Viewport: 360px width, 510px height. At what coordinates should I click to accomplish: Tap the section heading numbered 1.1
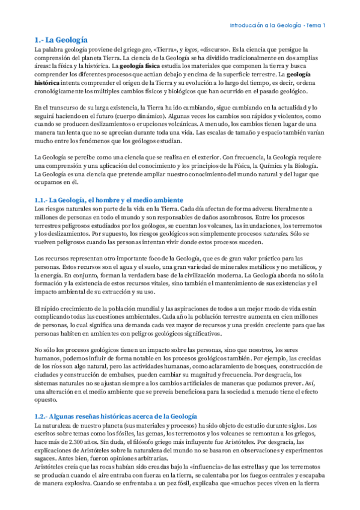[x=109, y=200]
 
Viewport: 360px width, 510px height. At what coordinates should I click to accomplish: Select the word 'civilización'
[x=170, y=274]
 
